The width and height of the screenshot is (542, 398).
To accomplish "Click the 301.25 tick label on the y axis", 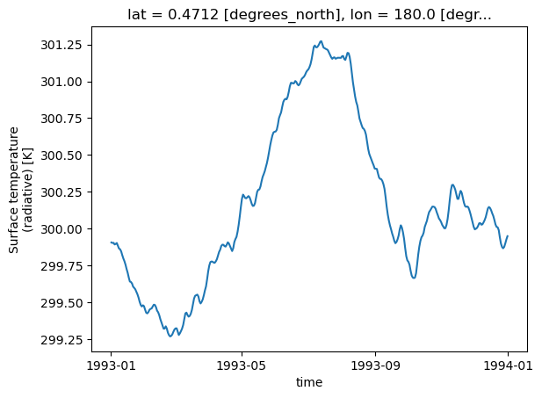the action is [x=61, y=46].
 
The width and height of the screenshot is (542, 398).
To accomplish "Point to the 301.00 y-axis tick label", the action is [x=61, y=82].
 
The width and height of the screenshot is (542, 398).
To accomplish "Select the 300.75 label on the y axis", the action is [x=61, y=119].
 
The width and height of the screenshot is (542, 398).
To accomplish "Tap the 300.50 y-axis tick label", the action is [x=61, y=156].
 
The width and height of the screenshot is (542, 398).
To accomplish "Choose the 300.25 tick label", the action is [x=61, y=192].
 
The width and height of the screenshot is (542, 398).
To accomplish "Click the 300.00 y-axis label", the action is [x=61, y=229].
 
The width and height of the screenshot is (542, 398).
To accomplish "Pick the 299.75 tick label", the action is [x=61, y=266].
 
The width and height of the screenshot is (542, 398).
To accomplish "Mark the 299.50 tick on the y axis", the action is [x=61, y=303].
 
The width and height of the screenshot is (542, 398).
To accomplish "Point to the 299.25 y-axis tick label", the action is [x=61, y=340].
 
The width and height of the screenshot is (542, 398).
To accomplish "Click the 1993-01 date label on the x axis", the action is [x=111, y=365].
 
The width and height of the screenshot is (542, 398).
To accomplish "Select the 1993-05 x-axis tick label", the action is [x=242, y=365].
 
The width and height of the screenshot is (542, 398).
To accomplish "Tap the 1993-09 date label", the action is [x=375, y=365].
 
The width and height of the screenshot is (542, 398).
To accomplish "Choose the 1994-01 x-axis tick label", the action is [x=508, y=365].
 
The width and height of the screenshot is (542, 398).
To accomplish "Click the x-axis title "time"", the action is [x=309, y=382].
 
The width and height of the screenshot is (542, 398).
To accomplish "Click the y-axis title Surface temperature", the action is [x=14, y=190].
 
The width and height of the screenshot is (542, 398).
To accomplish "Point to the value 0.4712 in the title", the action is [x=193, y=15].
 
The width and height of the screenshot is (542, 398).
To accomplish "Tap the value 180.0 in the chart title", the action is [x=415, y=15].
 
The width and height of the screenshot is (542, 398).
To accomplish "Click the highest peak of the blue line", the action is [x=321, y=41].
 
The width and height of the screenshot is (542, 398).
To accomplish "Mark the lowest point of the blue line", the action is [x=170, y=336].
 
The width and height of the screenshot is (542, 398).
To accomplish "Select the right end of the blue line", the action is [x=508, y=235].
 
